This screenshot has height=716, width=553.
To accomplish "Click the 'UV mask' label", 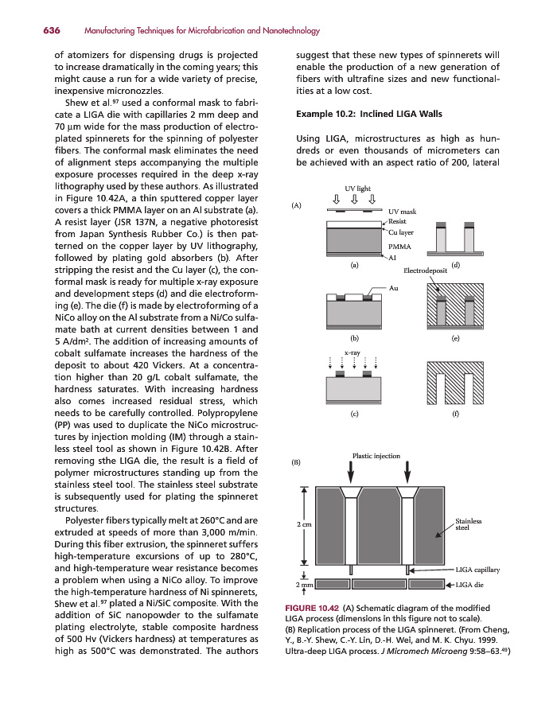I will [403, 211].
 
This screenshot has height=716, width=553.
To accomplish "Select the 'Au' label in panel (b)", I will [394, 286].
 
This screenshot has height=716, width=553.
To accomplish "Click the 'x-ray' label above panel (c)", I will [352, 351].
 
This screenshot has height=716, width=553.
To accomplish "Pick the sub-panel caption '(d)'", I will [455, 264].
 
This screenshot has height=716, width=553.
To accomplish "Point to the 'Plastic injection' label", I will [376, 456].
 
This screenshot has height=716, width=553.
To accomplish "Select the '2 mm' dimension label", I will [304, 586].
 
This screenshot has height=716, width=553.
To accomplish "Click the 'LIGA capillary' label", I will [477, 570].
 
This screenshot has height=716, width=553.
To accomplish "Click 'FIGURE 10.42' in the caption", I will [311, 609].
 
